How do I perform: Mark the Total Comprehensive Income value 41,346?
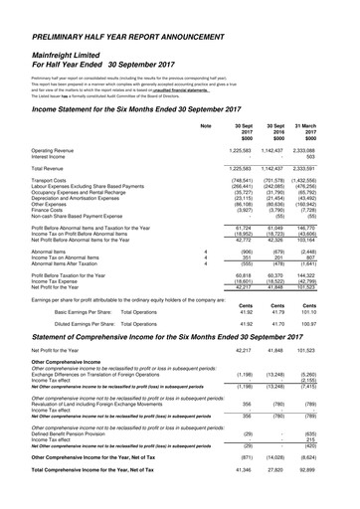(240, 495)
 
